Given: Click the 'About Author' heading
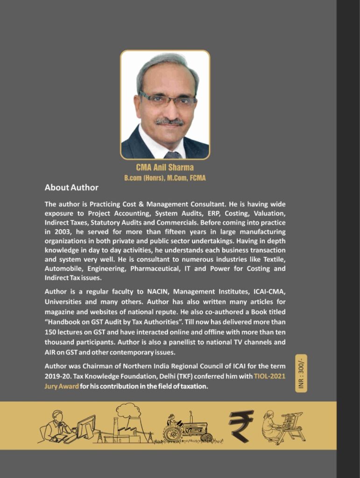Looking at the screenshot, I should point(71,188).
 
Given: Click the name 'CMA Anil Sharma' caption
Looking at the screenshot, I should point(165,167).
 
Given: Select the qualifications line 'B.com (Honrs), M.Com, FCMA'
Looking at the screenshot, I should point(165,178).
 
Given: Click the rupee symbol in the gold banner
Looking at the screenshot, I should point(241,425).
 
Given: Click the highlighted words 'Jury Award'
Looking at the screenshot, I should point(62,387).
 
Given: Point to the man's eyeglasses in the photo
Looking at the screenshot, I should point(167,99).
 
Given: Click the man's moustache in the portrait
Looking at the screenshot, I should point(169,121).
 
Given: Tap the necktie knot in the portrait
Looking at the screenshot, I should point(172,155).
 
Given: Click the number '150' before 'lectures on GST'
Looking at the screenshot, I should point(51,332).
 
